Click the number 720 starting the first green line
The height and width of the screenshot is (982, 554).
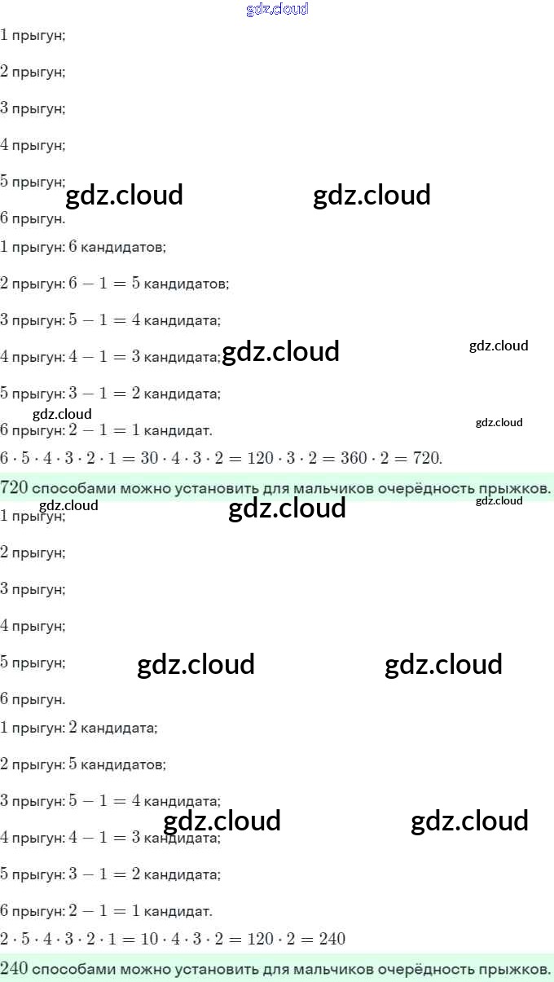click(x=15, y=487)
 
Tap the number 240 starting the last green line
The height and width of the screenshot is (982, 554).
click(x=15, y=968)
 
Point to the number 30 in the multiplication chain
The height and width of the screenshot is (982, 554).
click(x=149, y=458)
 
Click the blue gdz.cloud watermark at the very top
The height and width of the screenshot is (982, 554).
click(x=277, y=10)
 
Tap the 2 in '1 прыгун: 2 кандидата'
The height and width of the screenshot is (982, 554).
click(x=73, y=727)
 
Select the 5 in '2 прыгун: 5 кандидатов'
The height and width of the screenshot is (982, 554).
click(x=73, y=764)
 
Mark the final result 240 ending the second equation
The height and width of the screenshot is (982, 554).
click(x=332, y=939)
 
